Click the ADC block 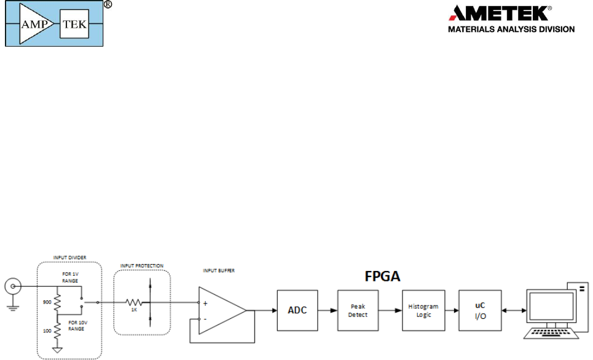[x=297, y=310]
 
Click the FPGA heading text [x=379, y=276]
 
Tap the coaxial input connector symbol [x=13, y=286]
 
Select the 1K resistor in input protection [x=134, y=302]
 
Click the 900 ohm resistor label [x=47, y=303]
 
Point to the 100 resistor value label [x=47, y=331]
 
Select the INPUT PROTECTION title [x=142, y=266]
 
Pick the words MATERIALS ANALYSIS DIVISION [x=511, y=29]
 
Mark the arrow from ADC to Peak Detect [x=328, y=310]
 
